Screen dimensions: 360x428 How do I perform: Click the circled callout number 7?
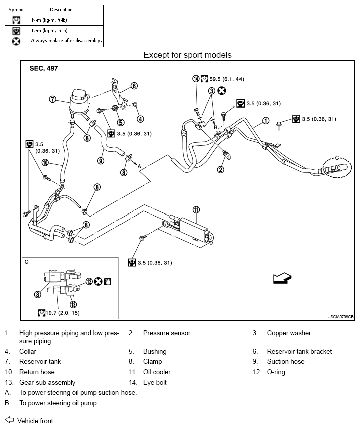click(52, 99)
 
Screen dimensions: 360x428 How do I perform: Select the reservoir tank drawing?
click(79, 103)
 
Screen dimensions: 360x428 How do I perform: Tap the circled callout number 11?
click(196, 209)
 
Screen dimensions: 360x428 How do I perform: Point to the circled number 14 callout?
click(196, 79)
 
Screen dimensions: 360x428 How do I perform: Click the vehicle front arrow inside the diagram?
click(282, 278)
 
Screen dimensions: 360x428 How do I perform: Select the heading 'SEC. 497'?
click(44, 68)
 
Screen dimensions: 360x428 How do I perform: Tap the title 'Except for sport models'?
click(188, 55)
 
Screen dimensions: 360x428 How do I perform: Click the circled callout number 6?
click(134, 86)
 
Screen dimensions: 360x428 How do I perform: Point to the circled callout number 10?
click(45, 163)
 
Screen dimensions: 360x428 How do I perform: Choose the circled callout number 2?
click(220, 169)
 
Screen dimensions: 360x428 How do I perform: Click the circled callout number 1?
click(266, 121)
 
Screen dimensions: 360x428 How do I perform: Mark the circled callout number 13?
click(73, 304)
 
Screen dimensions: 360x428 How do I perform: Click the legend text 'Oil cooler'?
click(157, 372)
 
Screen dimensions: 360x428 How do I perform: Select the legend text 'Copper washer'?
click(289, 333)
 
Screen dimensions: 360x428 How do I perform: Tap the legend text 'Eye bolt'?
click(155, 382)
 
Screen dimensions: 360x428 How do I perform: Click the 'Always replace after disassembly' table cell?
click(66, 41)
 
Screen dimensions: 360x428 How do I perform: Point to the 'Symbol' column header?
click(16, 10)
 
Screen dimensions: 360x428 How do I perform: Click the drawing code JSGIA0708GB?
click(341, 317)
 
